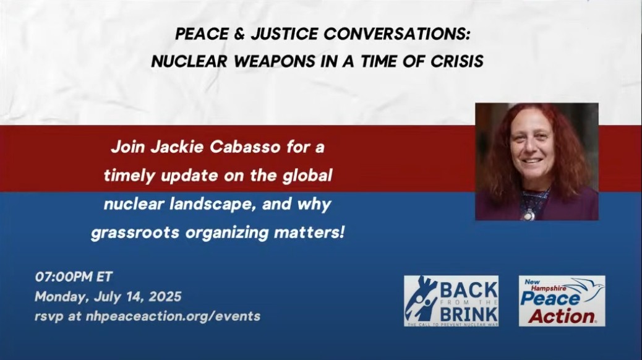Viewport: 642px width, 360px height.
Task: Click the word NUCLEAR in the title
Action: click(190, 61)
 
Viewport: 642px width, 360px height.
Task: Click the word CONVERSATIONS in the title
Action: click(396, 34)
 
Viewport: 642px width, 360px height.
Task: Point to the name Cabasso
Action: click(246, 147)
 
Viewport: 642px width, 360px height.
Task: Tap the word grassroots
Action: click(135, 233)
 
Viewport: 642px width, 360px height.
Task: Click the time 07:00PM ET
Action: click(74, 277)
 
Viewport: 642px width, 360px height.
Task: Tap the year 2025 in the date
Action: click(165, 296)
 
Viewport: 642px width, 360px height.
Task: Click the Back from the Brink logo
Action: click(452, 301)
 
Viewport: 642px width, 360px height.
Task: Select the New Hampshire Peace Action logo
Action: click(562, 301)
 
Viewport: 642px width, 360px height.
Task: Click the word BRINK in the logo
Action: click(469, 315)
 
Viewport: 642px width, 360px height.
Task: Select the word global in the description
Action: click(307, 175)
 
